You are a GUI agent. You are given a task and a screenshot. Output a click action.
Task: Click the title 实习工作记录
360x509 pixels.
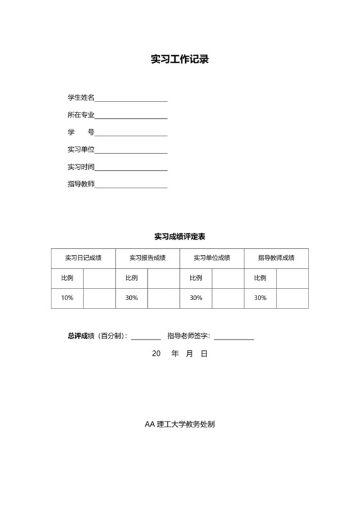180,60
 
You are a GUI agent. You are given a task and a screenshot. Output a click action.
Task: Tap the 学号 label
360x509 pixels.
81,132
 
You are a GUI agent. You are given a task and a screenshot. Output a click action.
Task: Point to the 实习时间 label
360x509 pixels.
81,167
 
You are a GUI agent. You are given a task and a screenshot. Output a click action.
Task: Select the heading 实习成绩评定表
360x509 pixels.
180,237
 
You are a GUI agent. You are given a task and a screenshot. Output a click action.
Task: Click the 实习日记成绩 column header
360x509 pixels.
84,258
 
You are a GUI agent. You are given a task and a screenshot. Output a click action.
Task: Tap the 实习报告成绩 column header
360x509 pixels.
148,258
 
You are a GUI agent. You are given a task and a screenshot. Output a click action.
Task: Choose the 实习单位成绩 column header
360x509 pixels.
212,258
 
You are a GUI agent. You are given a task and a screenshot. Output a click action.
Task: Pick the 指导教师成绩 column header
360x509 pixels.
276,258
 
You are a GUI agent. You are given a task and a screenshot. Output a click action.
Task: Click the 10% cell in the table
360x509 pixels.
67,298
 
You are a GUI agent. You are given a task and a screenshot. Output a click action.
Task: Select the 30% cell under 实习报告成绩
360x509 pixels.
132,298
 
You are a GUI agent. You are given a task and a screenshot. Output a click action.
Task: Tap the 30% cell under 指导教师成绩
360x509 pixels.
260,298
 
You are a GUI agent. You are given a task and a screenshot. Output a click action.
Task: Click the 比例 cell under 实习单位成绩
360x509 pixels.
196,278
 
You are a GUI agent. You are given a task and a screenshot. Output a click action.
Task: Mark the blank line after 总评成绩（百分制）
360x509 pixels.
146,337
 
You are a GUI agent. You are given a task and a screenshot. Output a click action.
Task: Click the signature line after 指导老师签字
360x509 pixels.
234,337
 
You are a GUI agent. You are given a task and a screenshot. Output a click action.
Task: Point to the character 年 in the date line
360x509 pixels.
175,353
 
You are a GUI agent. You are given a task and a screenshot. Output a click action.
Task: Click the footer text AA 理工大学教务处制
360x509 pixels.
180,425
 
